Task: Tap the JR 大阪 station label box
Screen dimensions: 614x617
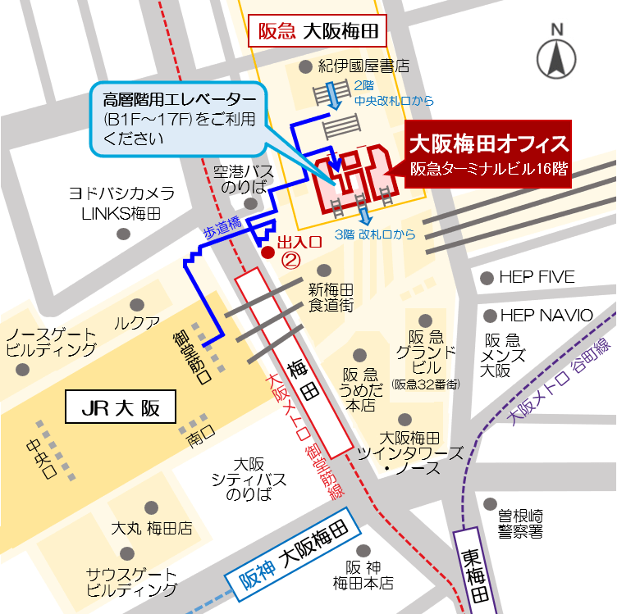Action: (121, 407)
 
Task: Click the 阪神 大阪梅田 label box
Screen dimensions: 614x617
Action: (295, 558)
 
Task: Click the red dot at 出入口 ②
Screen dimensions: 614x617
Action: (267, 252)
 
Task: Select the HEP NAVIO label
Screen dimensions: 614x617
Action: (546, 315)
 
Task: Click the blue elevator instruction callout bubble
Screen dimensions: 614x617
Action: (179, 119)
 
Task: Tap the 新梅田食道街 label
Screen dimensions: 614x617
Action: (331, 298)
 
